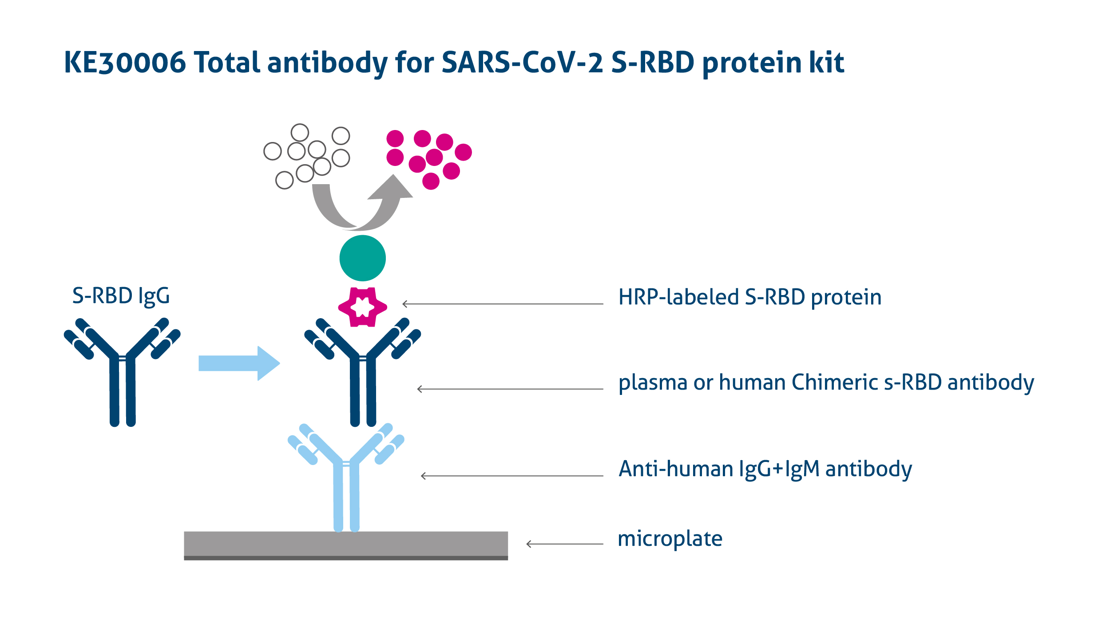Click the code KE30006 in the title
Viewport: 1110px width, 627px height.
click(125, 63)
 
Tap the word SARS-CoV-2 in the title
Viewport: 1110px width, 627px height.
click(522, 63)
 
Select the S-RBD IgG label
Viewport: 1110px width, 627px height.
click(121, 296)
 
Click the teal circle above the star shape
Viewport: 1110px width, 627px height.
click(362, 258)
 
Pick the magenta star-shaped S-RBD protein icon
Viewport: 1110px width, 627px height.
click(362, 307)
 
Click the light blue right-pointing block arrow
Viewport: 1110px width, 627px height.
click(239, 363)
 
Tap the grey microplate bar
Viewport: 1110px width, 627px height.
click(346, 545)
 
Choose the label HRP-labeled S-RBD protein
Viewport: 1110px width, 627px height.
click(750, 297)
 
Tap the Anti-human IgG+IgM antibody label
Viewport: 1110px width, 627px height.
click(765, 469)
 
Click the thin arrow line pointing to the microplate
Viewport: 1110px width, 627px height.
click(565, 544)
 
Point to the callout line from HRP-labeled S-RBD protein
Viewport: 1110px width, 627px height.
click(503, 304)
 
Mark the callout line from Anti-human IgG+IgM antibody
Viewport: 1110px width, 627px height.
click(512, 476)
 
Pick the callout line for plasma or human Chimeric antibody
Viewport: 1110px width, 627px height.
click(510, 389)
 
